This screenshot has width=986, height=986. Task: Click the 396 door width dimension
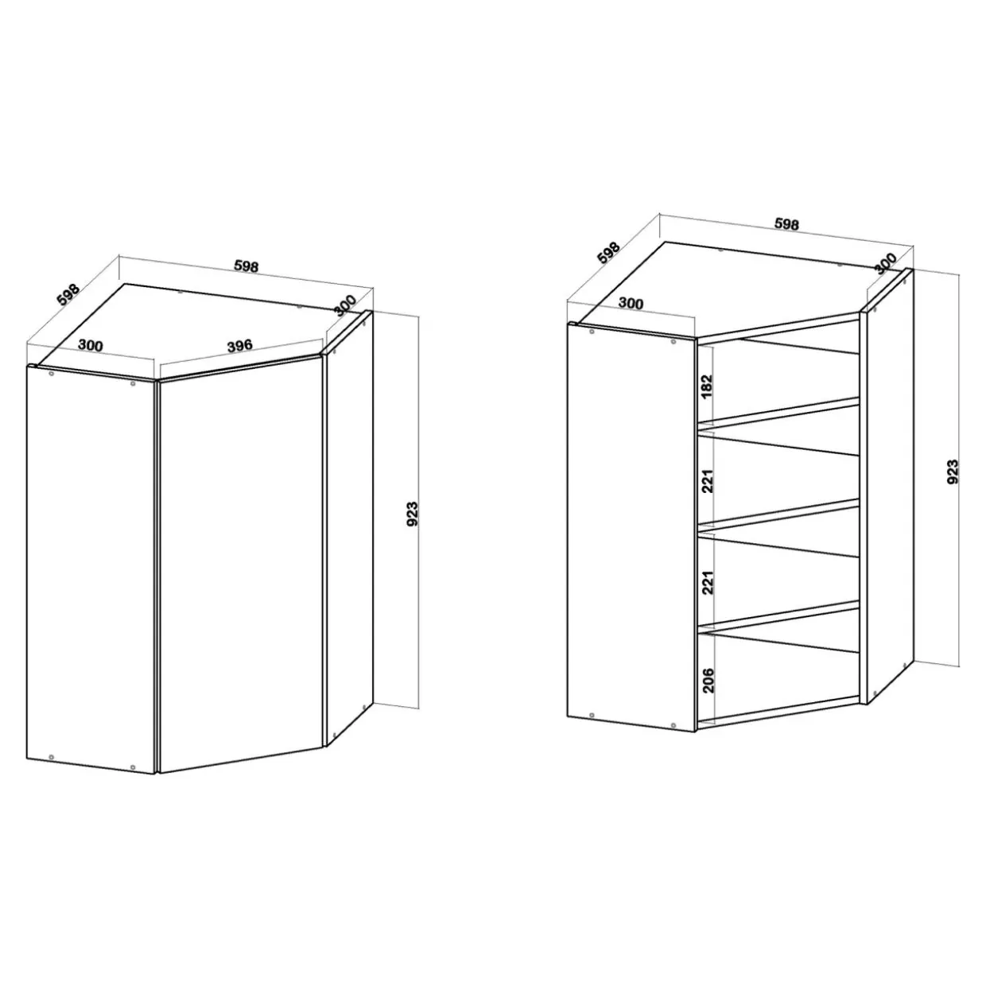pos(240,345)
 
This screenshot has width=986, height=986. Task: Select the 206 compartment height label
pos(708,680)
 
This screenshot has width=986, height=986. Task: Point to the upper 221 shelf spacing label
pos(707,481)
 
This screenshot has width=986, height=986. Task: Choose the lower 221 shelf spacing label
pos(707,582)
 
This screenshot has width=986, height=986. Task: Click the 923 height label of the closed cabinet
pos(413,514)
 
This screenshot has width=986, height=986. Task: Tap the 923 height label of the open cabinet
pos(953,472)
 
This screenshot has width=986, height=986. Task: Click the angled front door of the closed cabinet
pos(240,563)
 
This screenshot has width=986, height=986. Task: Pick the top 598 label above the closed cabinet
pos(246,266)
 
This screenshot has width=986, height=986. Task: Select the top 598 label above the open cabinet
pos(786,224)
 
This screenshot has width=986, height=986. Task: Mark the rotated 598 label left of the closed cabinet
pos(68,295)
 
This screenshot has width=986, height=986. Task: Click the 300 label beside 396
pos(91,345)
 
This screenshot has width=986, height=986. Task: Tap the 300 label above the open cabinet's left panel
pos(631,303)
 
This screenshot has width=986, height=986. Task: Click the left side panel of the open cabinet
pos(632,527)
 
